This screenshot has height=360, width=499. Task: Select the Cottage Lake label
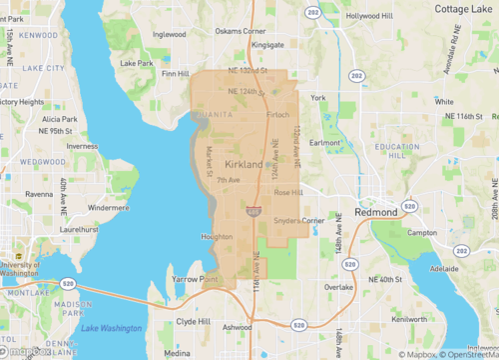tap(463, 9)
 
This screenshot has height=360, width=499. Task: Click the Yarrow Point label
tap(194, 279)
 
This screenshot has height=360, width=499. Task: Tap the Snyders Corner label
tap(299, 220)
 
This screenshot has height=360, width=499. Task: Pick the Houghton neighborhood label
tap(218, 237)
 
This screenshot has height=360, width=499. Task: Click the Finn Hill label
tap(176, 73)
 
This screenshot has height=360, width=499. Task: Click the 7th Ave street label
tap(229, 180)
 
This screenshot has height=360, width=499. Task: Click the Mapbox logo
tap(28, 351)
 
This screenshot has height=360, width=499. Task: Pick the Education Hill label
tap(397, 152)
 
